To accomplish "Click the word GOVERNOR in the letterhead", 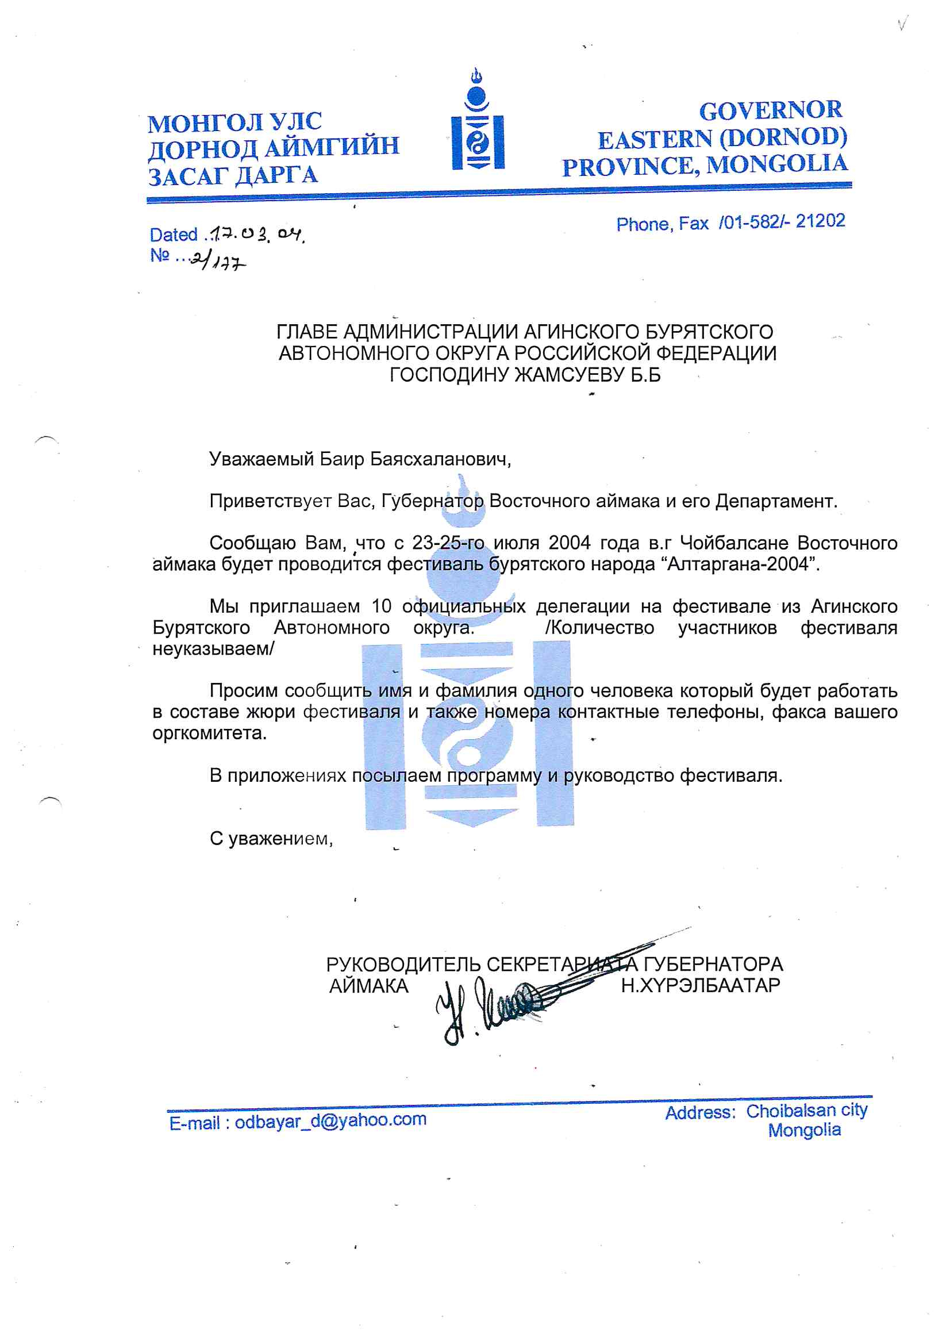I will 770,110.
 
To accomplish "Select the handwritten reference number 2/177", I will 218,261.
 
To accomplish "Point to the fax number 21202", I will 820,221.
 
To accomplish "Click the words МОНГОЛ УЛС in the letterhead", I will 234,122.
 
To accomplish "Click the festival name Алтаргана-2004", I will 741,565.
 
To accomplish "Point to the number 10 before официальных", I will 381,606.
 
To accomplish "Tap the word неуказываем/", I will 213,648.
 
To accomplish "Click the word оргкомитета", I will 209,733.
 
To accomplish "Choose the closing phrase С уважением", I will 271,839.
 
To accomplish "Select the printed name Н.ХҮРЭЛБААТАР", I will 700,986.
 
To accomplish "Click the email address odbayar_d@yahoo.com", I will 330,1120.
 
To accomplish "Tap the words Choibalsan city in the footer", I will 806,1110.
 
